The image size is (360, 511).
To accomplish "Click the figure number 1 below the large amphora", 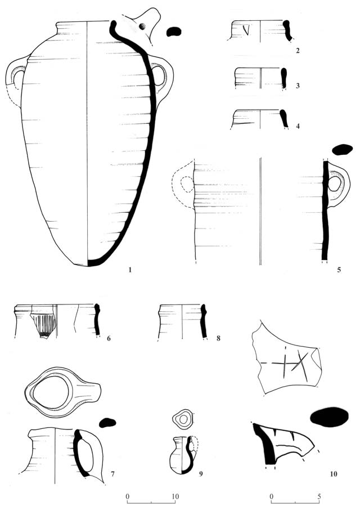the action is [x=130, y=270].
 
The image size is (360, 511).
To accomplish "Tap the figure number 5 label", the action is [x=339, y=270].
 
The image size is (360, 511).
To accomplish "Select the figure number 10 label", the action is [x=334, y=473].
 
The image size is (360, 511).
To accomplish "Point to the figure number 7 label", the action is [x=112, y=474].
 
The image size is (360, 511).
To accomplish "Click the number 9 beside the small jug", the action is [x=201, y=474].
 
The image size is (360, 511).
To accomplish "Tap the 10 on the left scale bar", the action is [x=175, y=496].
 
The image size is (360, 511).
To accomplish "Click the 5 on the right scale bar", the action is [x=319, y=496].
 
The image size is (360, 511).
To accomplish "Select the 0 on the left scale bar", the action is [x=127, y=496].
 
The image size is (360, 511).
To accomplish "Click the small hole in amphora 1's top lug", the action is [x=142, y=26].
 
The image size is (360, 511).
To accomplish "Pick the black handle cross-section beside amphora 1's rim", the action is [x=174, y=32].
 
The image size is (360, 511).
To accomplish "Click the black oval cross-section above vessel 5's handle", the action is [x=342, y=149].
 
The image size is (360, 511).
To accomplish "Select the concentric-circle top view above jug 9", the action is [x=183, y=418].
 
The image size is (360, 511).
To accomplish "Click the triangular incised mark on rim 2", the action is [x=246, y=30].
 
